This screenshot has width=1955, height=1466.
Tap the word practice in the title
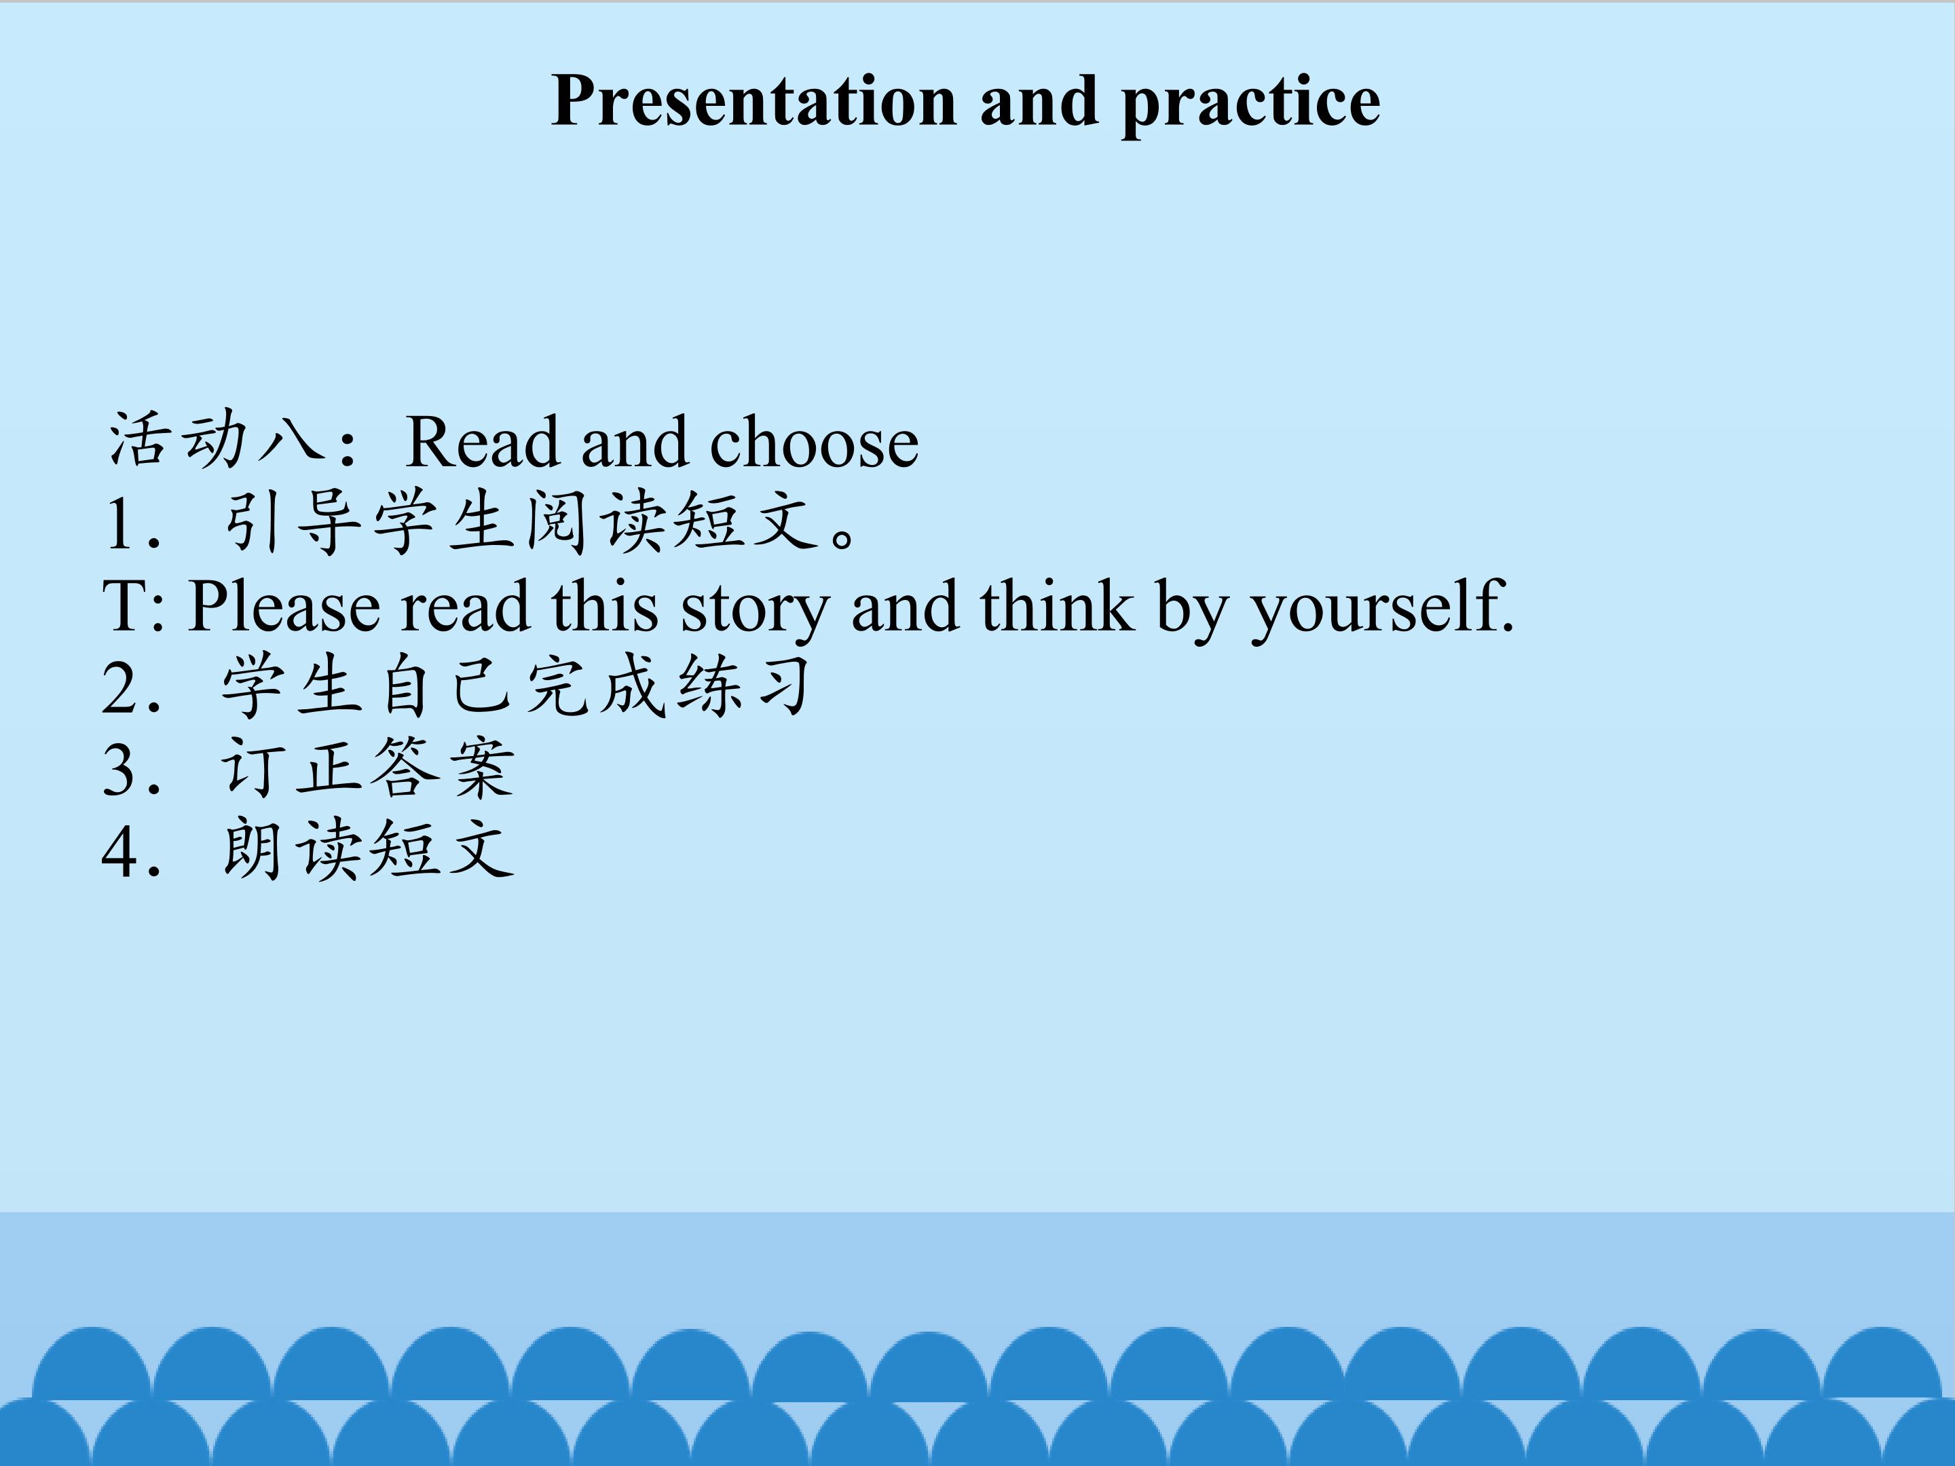[1250, 105]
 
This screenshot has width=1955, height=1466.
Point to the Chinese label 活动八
[216, 438]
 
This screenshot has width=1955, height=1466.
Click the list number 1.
[121, 523]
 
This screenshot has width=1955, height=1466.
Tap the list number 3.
[120, 769]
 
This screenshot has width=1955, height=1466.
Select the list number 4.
[120, 851]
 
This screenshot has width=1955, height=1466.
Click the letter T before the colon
[124, 606]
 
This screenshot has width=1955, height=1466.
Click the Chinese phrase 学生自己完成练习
[516, 685]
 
